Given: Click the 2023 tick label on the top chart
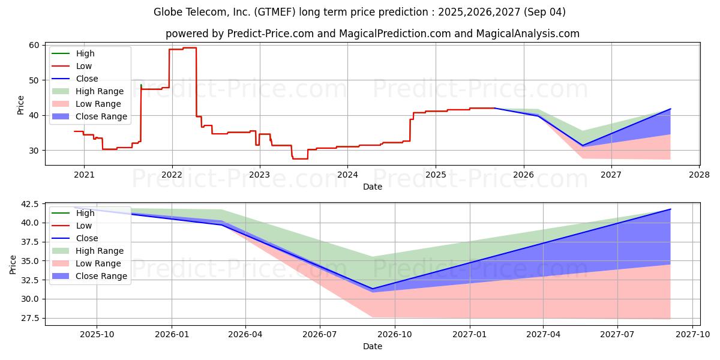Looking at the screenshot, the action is pos(260,175).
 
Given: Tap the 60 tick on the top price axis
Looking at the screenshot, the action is pos(34,45).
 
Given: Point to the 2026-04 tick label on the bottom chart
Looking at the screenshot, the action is pos(245,335).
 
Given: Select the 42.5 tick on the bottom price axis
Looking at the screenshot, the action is pos(29,204).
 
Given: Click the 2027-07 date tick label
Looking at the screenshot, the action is pos(617,335).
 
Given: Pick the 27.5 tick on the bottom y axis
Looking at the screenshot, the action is pos(29,318).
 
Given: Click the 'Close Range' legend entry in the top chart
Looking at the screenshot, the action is pos(89,116).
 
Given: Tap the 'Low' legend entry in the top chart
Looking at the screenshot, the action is pos(72,66).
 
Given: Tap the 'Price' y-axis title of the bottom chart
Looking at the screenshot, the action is pos(13,265).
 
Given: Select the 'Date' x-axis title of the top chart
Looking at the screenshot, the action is pos(373,187).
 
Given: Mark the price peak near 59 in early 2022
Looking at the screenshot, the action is pos(190,48).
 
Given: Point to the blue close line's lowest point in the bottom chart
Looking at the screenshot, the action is pos(373,289).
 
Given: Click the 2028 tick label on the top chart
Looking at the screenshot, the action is pos(700,175).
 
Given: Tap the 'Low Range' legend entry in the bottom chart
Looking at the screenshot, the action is pos(86,263).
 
